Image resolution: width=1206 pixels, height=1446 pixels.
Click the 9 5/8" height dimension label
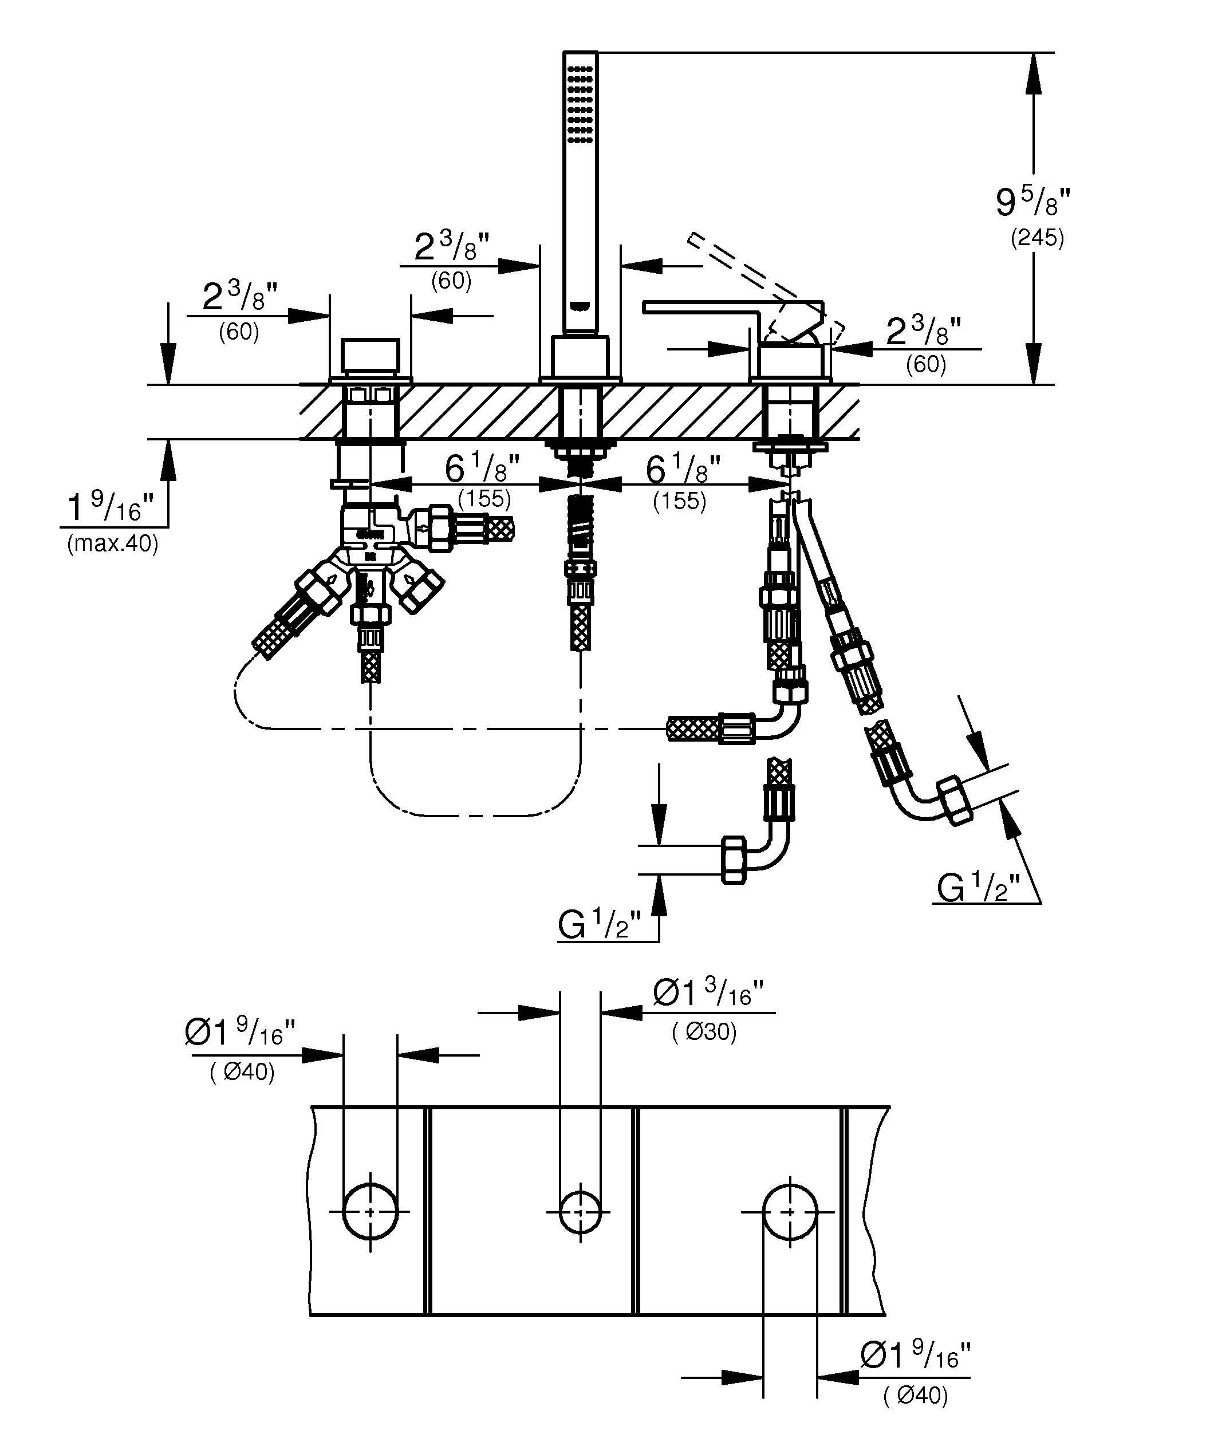(1032, 202)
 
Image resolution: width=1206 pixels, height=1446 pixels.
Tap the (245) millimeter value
(1036, 238)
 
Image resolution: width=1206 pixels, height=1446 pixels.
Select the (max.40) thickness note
(112, 544)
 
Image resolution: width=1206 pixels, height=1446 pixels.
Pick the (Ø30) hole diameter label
(704, 1031)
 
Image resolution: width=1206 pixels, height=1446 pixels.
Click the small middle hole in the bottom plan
(580, 1212)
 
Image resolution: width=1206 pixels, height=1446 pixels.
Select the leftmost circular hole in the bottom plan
(371, 1212)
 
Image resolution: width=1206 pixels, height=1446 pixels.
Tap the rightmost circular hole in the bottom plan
(790, 1212)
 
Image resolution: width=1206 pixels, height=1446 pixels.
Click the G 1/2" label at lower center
(600, 925)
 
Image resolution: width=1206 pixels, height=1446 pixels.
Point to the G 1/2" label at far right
(977, 888)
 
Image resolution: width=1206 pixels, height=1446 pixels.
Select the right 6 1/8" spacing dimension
(682, 470)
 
